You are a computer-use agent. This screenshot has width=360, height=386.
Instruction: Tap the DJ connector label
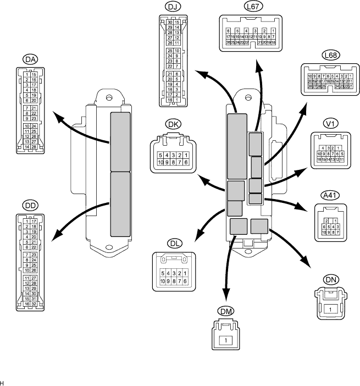[171, 7]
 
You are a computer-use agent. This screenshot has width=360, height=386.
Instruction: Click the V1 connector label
[331, 123]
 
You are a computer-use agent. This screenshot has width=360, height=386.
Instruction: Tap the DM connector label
[226, 311]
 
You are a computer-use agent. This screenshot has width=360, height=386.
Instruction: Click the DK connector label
[173, 125]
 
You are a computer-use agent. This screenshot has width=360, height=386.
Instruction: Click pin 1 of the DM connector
[226, 340]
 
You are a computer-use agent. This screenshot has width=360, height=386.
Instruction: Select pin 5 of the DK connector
[159, 155]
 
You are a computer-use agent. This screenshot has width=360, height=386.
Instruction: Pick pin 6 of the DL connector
[186, 280]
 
